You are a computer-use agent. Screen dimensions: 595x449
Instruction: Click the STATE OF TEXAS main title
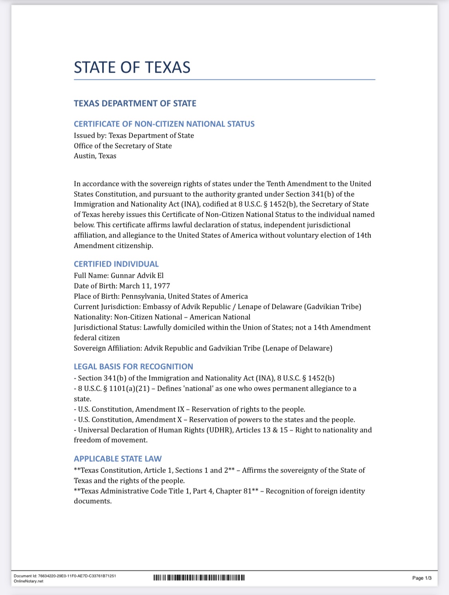pyautogui.click(x=132, y=67)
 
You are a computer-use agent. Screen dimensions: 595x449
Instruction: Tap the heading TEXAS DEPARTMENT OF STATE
pyautogui.click(x=135, y=103)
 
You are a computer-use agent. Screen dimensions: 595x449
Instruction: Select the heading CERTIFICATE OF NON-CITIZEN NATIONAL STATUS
pyautogui.click(x=164, y=124)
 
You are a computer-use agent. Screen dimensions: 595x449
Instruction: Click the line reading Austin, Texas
pyautogui.click(x=95, y=156)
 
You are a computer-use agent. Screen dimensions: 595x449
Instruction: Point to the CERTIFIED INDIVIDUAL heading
pyautogui.click(x=116, y=264)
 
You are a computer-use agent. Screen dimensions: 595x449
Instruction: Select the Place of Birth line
pyautogui.click(x=160, y=296)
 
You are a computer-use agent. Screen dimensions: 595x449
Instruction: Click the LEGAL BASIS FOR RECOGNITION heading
pyautogui.click(x=133, y=366)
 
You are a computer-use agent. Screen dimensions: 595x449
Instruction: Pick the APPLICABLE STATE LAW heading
pyautogui.click(x=118, y=459)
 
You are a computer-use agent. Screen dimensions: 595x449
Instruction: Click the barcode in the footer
pyautogui.click(x=199, y=577)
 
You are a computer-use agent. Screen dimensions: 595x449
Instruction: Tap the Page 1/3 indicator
pyautogui.click(x=421, y=578)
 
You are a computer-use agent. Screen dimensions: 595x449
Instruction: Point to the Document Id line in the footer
pyautogui.click(x=65, y=576)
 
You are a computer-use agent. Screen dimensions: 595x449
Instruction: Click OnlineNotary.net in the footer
pyautogui.click(x=28, y=581)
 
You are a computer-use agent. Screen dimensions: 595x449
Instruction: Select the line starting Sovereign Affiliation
pyautogui.click(x=203, y=348)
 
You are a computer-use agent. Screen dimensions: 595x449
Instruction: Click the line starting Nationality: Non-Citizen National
pyautogui.click(x=162, y=317)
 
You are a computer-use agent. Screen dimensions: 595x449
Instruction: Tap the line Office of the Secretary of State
pyautogui.click(x=123, y=146)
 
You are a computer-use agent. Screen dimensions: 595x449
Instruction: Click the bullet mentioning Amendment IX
pyautogui.click(x=190, y=409)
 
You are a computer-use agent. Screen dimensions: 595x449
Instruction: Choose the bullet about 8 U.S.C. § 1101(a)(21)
pyautogui.click(x=215, y=389)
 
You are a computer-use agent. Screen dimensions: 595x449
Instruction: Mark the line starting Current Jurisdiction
pyautogui.click(x=217, y=306)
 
